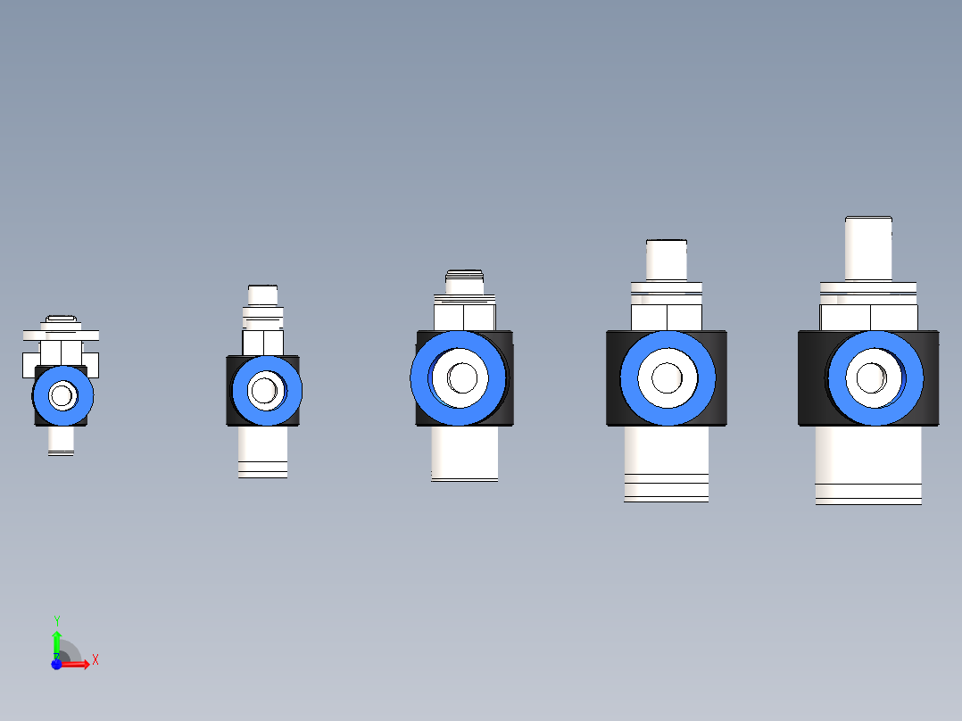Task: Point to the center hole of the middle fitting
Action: coord(462,377)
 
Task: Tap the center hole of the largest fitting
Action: coord(871,377)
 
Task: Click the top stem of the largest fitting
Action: coord(868,249)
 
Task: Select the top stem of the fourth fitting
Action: coord(667,261)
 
